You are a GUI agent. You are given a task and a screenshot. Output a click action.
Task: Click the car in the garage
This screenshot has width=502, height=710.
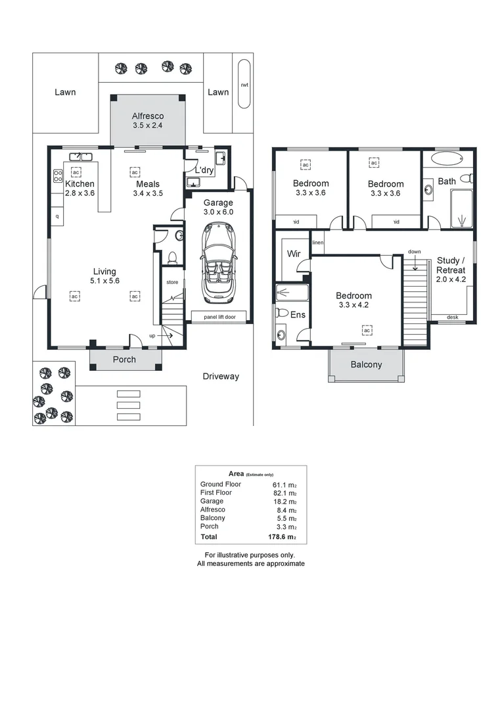pyautogui.click(x=217, y=261)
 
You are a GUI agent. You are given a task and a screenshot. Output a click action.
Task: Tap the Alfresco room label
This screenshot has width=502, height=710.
pyautogui.click(x=148, y=116)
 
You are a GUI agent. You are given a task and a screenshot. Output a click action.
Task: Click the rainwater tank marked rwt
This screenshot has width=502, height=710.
pyautogui.click(x=244, y=84)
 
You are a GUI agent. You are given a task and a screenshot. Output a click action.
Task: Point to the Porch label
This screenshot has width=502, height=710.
pyautogui.click(x=124, y=359)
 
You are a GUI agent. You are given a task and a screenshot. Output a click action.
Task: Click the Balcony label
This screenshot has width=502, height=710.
pyautogui.click(x=366, y=364)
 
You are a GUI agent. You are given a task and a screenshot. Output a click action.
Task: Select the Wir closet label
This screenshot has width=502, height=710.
pyautogui.click(x=293, y=253)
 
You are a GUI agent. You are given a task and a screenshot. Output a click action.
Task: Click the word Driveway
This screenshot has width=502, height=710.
pyautogui.click(x=220, y=377)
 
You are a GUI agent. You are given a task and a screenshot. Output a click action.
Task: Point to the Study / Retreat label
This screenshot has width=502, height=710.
pyautogui.click(x=451, y=266)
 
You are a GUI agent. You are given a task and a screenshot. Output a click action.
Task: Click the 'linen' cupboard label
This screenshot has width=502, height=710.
pyautogui.click(x=318, y=243)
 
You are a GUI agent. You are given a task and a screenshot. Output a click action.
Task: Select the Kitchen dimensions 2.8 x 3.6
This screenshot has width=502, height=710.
pyautogui.click(x=80, y=193)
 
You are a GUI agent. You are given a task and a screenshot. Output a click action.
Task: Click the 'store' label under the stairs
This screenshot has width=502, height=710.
pyautogui.click(x=171, y=282)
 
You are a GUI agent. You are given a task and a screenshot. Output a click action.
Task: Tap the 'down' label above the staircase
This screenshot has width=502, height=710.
pyautogui.click(x=414, y=252)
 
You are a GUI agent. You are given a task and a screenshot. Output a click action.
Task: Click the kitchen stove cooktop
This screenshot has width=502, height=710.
pyautogui.click(x=58, y=176)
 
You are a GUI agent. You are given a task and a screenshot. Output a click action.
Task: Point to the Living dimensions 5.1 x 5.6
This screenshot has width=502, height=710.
pyautogui.click(x=104, y=281)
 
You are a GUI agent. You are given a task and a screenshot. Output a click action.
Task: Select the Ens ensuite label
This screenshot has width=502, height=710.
pyautogui.click(x=298, y=315)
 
